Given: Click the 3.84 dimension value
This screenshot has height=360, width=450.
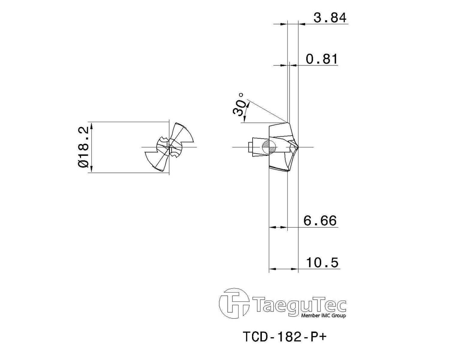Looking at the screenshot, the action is coord(330,18).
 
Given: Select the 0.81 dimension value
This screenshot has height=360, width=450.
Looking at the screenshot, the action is coord(322,59).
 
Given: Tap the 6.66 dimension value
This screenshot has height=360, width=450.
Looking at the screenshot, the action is coord(320,221).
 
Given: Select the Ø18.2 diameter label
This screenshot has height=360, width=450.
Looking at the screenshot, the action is coord(83,147).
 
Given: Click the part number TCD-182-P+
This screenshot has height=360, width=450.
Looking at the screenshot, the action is coord(285,337).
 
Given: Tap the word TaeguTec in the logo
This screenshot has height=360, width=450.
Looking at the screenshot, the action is coord(299,306).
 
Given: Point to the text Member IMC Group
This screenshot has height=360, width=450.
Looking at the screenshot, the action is coord(323,316).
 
